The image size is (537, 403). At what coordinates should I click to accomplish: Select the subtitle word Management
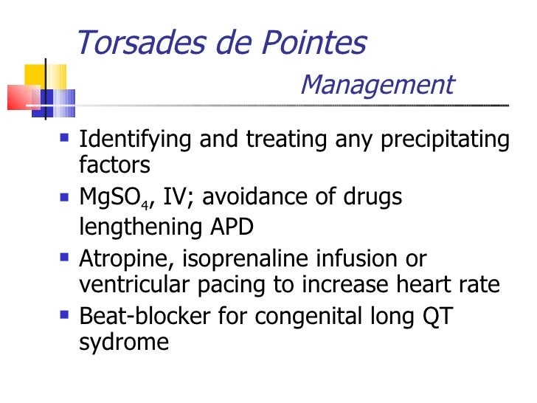tap(377, 86)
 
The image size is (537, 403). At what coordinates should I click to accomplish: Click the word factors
tap(114, 165)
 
